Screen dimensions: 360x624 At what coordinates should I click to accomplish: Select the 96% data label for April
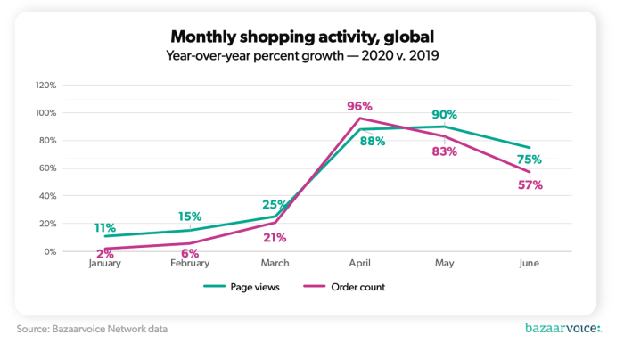point(359,107)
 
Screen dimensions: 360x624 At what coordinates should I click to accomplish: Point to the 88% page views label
point(373,141)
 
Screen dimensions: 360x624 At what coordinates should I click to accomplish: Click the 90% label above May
point(444,114)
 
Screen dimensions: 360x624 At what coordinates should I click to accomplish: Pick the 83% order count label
point(444,151)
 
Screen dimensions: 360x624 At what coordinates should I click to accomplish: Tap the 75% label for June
point(529,160)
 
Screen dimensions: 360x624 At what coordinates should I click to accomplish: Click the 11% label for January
point(105,227)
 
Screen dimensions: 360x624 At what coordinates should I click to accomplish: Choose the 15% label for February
point(189,217)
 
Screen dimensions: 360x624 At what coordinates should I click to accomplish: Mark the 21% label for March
point(274,236)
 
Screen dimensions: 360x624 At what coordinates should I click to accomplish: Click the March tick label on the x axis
point(274,264)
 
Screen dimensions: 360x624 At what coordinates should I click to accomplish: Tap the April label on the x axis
point(359,264)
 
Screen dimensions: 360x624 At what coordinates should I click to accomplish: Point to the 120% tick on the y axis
point(46,86)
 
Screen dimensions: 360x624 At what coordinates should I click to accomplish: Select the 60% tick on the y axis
point(48,168)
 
